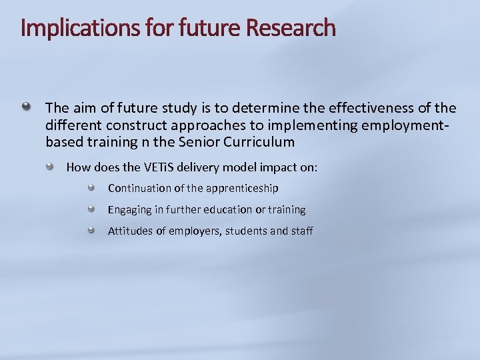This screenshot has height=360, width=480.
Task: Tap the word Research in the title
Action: [291, 28]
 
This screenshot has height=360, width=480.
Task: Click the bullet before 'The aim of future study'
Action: [25, 106]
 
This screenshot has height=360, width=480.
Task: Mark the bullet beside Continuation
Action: [93, 187]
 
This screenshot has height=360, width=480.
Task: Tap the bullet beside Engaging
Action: [93, 209]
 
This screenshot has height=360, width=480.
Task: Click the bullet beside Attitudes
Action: [93, 230]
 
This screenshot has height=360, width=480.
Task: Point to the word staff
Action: [301, 231]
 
